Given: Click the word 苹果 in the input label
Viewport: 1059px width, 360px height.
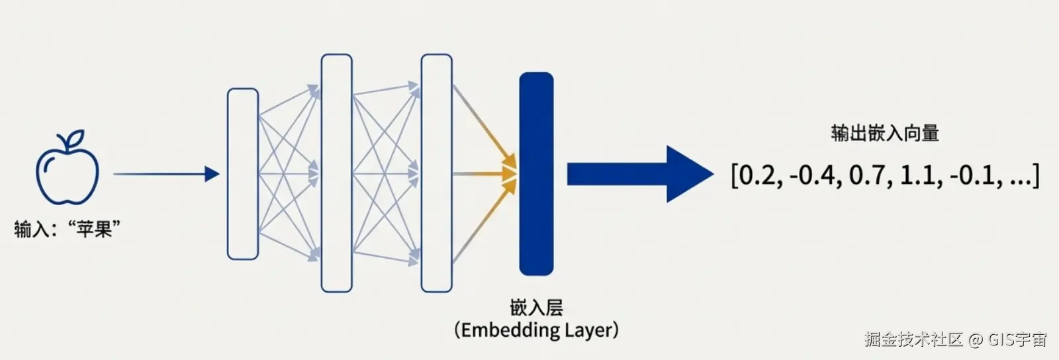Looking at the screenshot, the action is (x=93, y=229).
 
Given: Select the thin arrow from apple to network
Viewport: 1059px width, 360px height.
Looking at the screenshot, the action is (x=165, y=174).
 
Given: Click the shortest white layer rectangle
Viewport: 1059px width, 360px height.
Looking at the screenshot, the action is (x=242, y=174).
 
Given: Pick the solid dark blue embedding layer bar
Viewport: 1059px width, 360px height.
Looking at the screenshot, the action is (x=535, y=173).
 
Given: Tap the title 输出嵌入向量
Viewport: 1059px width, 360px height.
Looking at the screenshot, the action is (x=885, y=133).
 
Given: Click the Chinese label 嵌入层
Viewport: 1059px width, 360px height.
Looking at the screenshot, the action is (x=536, y=307).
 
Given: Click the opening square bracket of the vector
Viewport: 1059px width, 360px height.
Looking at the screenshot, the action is (x=734, y=176).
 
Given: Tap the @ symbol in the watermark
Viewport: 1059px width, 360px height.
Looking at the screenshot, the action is (x=975, y=339).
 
